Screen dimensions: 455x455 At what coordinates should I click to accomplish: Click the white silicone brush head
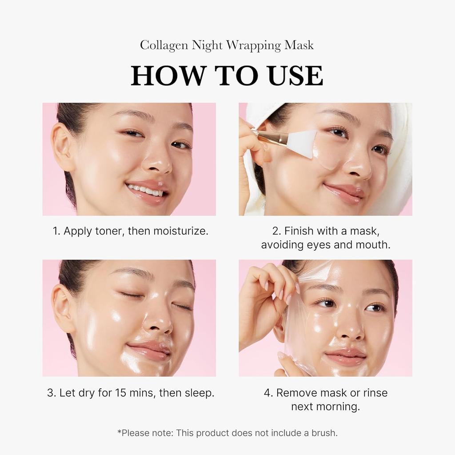point(303,143)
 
